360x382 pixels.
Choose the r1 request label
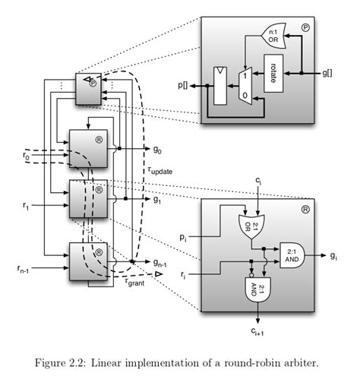pos(25,205)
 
